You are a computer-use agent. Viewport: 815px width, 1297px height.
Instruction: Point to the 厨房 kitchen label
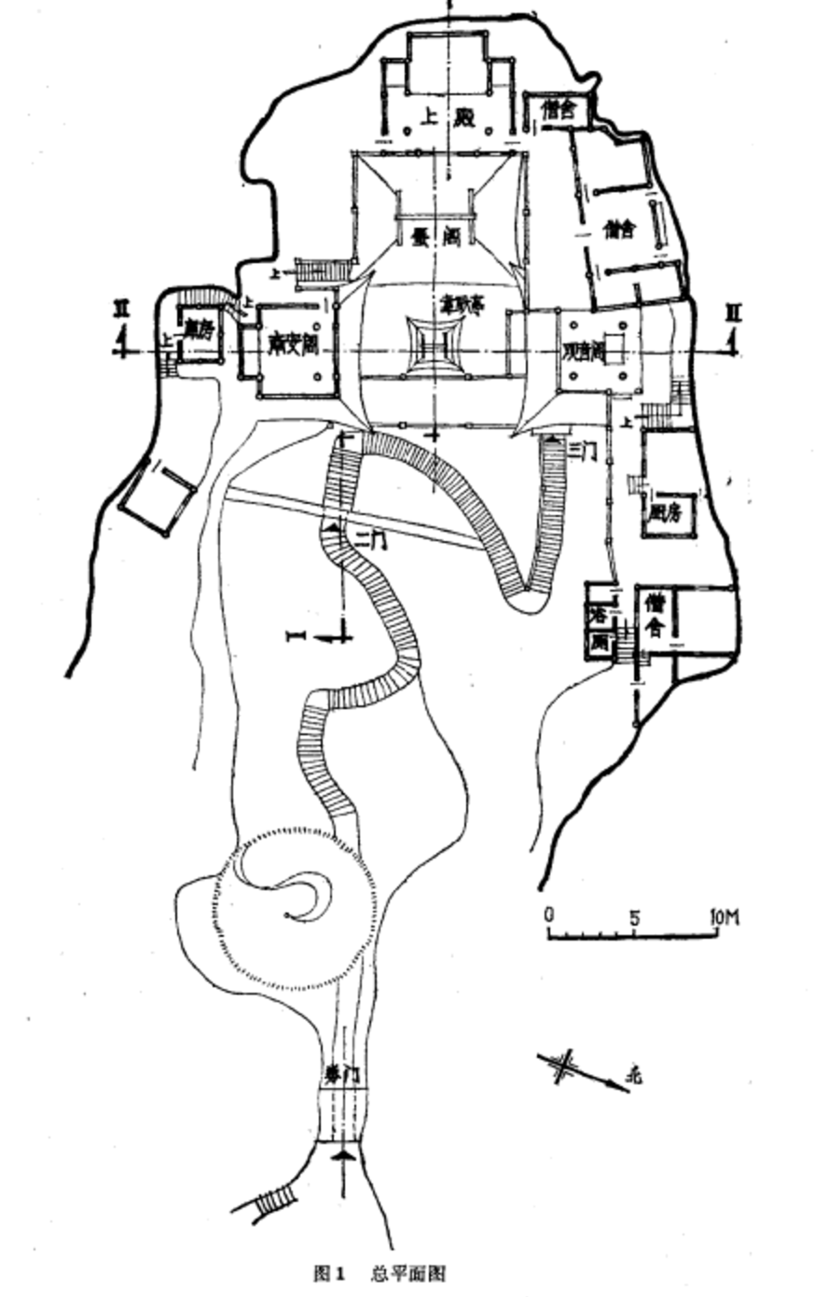[x=666, y=510]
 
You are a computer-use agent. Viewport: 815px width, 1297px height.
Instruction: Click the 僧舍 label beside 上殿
[x=559, y=109]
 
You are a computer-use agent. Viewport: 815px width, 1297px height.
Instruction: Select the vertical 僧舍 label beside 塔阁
[x=654, y=615]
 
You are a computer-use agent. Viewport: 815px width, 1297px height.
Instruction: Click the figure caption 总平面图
[x=408, y=1273]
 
